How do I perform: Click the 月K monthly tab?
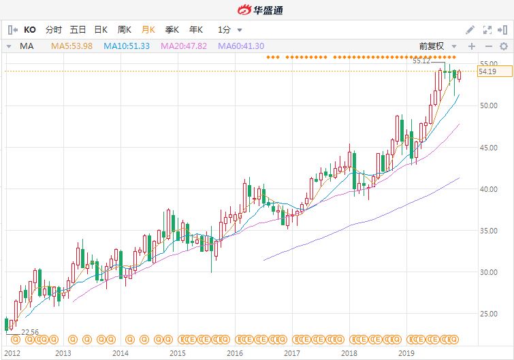click(x=148, y=30)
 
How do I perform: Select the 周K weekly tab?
click(x=124, y=30)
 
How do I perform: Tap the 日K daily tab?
click(x=101, y=30)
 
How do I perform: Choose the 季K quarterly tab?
click(x=172, y=30)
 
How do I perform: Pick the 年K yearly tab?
click(x=195, y=30)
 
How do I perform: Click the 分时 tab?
click(x=53, y=30)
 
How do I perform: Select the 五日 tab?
click(x=78, y=30)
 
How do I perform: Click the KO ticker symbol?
click(x=30, y=30)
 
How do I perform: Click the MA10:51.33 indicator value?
click(x=127, y=46)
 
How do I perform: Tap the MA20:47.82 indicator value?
click(x=184, y=46)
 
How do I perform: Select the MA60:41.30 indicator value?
click(x=240, y=46)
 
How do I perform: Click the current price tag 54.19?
click(x=487, y=71)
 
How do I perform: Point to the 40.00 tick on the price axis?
click(x=487, y=189)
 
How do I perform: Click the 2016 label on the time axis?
click(x=235, y=353)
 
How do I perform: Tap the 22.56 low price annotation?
click(x=29, y=333)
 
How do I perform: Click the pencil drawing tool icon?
click(x=470, y=30)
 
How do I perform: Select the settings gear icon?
click(x=503, y=46)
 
